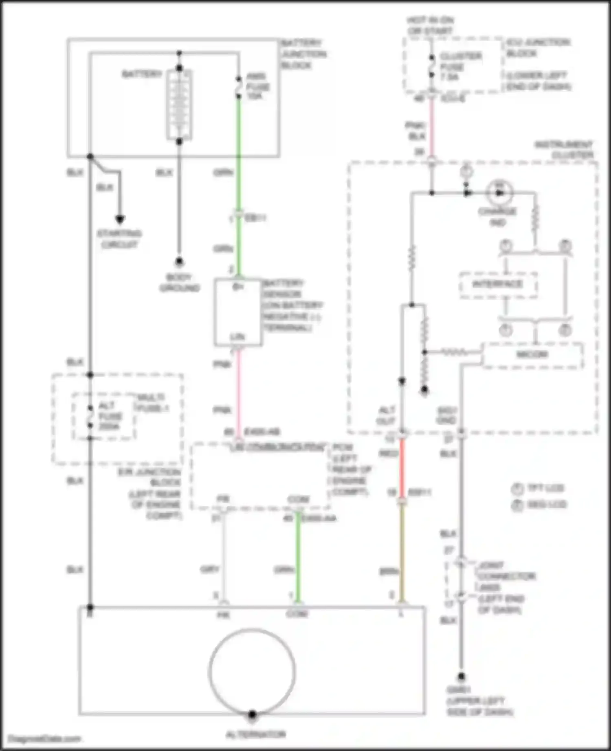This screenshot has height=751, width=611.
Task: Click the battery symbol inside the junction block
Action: pyautogui.click(x=179, y=105)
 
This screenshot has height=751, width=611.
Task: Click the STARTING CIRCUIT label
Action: pyautogui.click(x=119, y=239)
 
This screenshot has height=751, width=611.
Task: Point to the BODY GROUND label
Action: pyautogui.click(x=179, y=282)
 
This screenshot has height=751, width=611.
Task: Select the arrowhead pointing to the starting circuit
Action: pyautogui.click(x=119, y=219)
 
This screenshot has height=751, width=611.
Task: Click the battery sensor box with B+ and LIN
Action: pyautogui.click(x=238, y=312)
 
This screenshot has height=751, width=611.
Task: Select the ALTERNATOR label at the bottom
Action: pyautogui.click(x=256, y=734)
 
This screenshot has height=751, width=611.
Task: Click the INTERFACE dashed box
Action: pyautogui.click(x=498, y=284)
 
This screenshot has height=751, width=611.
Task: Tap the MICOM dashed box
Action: pyautogui.click(x=532, y=355)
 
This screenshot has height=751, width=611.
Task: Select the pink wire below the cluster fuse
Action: pyautogui.click(x=432, y=126)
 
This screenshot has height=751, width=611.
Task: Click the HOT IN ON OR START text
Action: pyautogui.click(x=430, y=25)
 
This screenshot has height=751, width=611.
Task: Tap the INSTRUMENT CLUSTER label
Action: pyautogui.click(x=564, y=150)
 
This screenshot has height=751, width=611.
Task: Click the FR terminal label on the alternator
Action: pyautogui.click(x=223, y=615)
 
